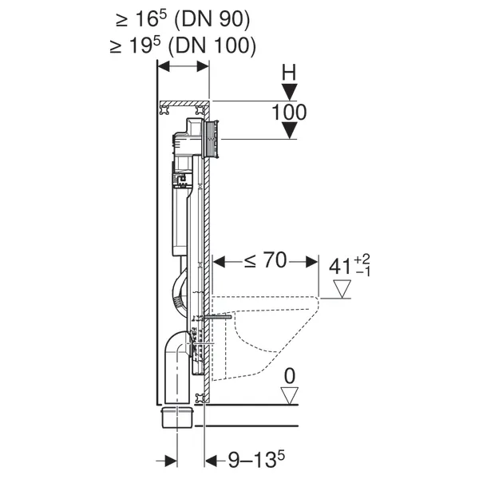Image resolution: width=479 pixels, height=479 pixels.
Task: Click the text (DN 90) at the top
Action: [212, 19]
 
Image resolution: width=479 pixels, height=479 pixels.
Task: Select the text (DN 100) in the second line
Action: [212, 46]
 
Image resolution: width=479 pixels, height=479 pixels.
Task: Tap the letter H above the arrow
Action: [289, 73]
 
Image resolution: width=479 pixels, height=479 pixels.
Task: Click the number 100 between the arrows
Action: [289, 112]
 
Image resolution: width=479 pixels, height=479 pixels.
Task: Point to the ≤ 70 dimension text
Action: [266, 260]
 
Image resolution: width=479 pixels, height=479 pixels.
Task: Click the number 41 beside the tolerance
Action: [340, 267]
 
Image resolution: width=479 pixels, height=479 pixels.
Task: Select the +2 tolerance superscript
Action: [362, 259]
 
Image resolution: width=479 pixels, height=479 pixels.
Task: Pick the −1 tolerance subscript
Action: [363, 271]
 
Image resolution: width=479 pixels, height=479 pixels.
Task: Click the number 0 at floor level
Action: [290, 376]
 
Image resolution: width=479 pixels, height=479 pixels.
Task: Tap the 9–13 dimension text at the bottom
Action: [256, 460]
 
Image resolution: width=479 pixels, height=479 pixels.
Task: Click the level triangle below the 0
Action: [289, 396]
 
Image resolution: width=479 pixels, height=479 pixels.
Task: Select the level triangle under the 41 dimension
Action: [342, 289]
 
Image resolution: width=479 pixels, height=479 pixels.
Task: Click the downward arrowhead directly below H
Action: [289, 92]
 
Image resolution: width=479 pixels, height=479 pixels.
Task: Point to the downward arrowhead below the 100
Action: [289, 130]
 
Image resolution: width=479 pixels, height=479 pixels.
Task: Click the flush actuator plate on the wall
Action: [212, 139]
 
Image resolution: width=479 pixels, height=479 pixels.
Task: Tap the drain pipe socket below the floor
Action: [177, 418]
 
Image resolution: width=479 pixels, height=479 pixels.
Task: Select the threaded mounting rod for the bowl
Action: [217, 317]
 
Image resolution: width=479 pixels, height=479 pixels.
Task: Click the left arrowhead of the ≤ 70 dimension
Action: [219, 262]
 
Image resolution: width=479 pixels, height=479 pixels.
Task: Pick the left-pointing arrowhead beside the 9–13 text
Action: [212, 461]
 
